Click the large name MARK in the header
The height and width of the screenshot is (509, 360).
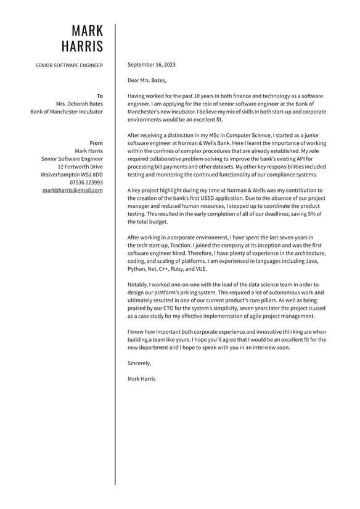coord(88,31)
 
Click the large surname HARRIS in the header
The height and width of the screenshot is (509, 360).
coord(83,46)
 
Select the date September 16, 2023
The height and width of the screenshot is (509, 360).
coord(151,65)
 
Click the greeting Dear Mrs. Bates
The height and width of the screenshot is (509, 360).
coord(147,80)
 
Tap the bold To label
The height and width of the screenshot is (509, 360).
coord(100,96)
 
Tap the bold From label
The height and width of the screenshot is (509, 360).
coord(96,143)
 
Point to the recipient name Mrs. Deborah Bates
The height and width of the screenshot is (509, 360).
coord(80,104)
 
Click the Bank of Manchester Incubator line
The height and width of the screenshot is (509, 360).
coord(67,112)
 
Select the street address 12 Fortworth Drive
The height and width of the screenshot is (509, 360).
coord(80,167)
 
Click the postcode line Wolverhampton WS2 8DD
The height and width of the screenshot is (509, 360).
coord(72,175)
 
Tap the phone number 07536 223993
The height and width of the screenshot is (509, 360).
coord(86,183)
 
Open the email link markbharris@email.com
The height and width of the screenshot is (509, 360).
coord(73,191)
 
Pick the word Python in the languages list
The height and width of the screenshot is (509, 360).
coord(137,270)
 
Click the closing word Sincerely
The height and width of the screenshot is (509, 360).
coord(139,363)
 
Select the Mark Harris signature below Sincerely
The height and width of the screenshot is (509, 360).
coord(141,379)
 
